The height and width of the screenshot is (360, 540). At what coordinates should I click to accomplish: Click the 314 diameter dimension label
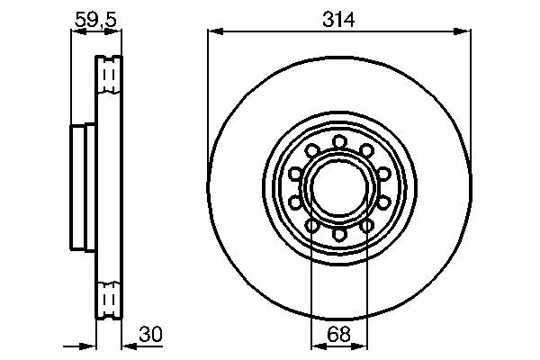pos(338,19)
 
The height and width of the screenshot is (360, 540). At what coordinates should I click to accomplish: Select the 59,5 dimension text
pos(95,19)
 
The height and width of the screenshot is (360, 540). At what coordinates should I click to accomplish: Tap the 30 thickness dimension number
pos(150,334)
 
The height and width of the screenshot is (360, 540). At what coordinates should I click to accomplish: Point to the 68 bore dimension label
pos(339,334)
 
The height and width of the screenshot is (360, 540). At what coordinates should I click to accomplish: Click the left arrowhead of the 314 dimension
pos(216,31)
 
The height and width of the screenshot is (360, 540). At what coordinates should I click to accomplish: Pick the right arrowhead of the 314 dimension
pos(463,31)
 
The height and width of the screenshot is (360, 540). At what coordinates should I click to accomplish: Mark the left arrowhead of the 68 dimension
pos(319,346)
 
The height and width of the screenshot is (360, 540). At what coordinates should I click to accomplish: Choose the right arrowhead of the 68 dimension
pos(359,346)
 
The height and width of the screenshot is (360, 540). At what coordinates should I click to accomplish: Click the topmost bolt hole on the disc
pos(339,141)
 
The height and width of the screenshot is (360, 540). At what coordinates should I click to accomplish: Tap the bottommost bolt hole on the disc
pos(339,234)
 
